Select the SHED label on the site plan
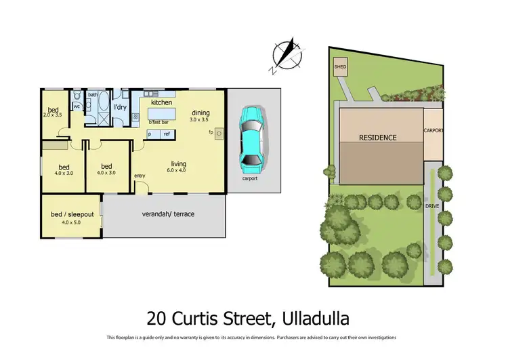pyautogui.click(x=340, y=66)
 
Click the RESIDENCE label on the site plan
pyautogui.click(x=377, y=137)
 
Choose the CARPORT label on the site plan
pyautogui.click(x=433, y=129)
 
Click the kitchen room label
pyautogui.click(x=161, y=102)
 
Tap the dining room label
pyautogui.click(x=200, y=113)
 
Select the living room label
pyautogui.click(x=179, y=164)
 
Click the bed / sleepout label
pyautogui.click(x=70, y=215)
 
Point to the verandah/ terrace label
pyautogui.click(x=168, y=214)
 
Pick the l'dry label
pyautogui.click(x=121, y=107)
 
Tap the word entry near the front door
pyautogui.click(x=140, y=176)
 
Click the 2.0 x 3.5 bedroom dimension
pyautogui.click(x=53, y=116)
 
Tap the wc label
pyautogui.click(x=77, y=106)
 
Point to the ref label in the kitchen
pyautogui.click(x=166, y=134)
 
